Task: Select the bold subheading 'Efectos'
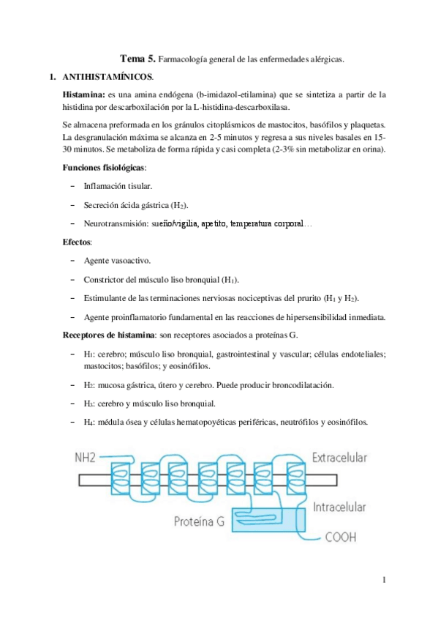pyautogui.click(x=77, y=241)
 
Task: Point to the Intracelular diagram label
pyautogui.click(x=339, y=507)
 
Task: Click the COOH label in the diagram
pyautogui.click(x=341, y=539)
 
